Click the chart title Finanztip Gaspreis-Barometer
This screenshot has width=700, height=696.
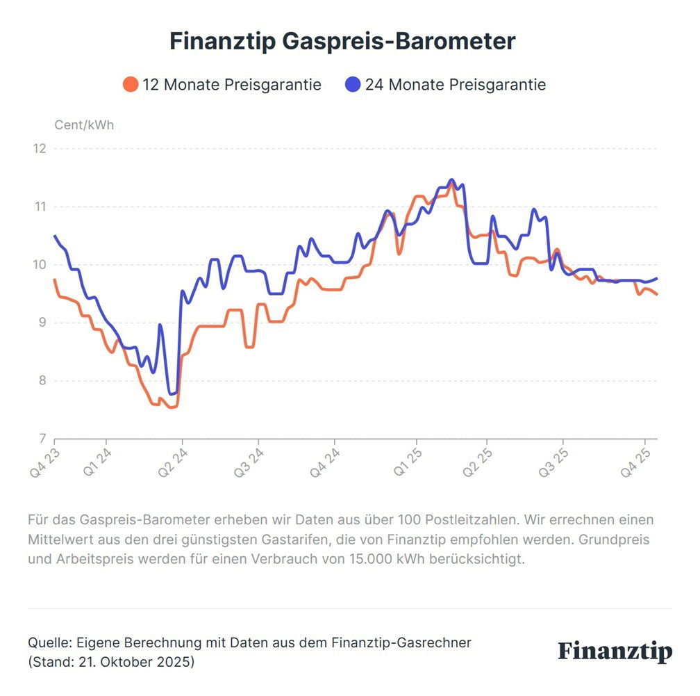pyautogui.click(x=342, y=41)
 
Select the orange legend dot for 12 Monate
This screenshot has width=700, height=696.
pyautogui.click(x=130, y=85)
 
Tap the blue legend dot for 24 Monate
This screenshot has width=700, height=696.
pyautogui.click(x=353, y=85)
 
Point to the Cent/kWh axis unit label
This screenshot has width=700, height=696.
pyautogui.click(x=84, y=126)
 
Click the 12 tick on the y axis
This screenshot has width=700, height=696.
pyautogui.click(x=40, y=149)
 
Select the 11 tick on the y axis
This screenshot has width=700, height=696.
pyautogui.click(x=40, y=207)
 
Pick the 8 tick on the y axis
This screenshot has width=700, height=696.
pyautogui.click(x=42, y=380)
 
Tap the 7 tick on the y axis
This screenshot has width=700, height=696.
pyautogui.click(x=42, y=438)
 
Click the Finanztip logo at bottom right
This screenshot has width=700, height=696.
pyautogui.click(x=615, y=652)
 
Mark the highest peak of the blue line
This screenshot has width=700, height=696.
pyautogui.click(x=452, y=180)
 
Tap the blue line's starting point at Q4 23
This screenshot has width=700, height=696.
pyautogui.click(x=55, y=236)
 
